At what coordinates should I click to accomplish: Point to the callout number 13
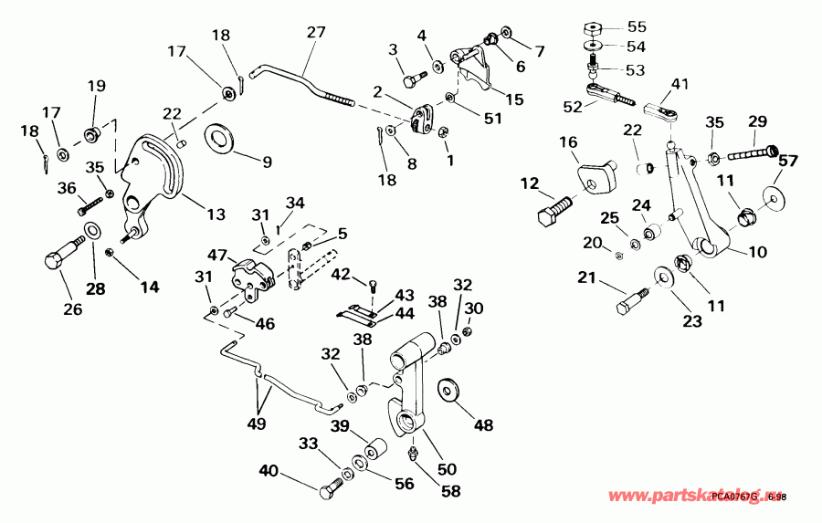pos(216,214)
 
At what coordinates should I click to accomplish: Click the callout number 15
pos(515,99)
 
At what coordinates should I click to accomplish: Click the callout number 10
pos(758,252)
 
